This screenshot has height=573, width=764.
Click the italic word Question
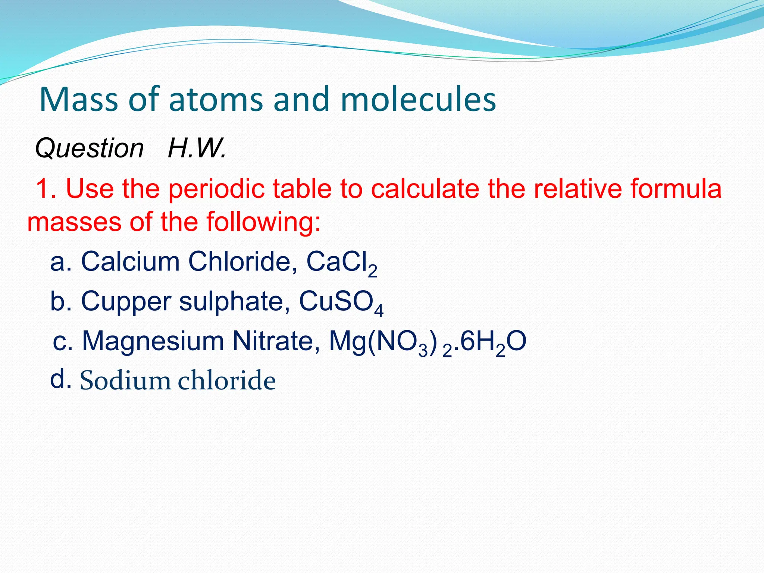[90, 148]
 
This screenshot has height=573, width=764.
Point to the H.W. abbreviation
[197, 148]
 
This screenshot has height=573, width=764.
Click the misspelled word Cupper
[126, 301]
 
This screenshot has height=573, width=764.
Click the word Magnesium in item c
[153, 341]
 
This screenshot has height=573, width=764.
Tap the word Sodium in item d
[125, 381]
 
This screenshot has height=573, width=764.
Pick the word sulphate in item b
[234, 301]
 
